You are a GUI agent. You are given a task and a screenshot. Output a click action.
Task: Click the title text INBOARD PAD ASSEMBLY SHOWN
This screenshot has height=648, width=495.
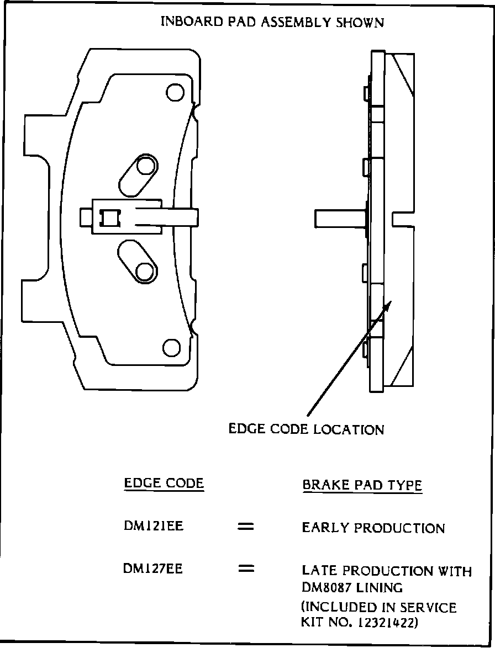[272, 23]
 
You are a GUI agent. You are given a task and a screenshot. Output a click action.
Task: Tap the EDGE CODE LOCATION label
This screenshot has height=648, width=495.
[306, 429]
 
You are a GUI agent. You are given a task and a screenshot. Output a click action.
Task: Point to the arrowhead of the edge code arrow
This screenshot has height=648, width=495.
[389, 304]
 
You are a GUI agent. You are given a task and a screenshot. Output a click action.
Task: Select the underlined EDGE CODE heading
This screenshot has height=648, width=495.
[164, 484]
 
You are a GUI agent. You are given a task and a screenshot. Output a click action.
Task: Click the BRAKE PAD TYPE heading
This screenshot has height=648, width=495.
[362, 485]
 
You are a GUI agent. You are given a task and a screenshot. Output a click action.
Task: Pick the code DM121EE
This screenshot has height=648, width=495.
[154, 527]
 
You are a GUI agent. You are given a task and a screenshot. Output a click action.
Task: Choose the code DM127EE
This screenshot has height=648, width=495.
[153, 569]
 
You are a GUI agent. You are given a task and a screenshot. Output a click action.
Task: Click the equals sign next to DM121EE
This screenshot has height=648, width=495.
[245, 527]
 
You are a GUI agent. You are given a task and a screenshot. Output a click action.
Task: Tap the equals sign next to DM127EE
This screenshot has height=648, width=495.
[245, 569]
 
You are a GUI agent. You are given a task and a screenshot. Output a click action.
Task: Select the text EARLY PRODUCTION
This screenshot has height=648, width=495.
[373, 528]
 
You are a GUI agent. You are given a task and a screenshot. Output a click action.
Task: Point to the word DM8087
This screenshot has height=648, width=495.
[325, 587]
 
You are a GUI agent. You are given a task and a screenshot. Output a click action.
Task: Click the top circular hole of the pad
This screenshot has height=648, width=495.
[175, 92]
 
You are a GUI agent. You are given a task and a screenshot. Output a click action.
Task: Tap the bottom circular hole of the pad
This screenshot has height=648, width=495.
[172, 347]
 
